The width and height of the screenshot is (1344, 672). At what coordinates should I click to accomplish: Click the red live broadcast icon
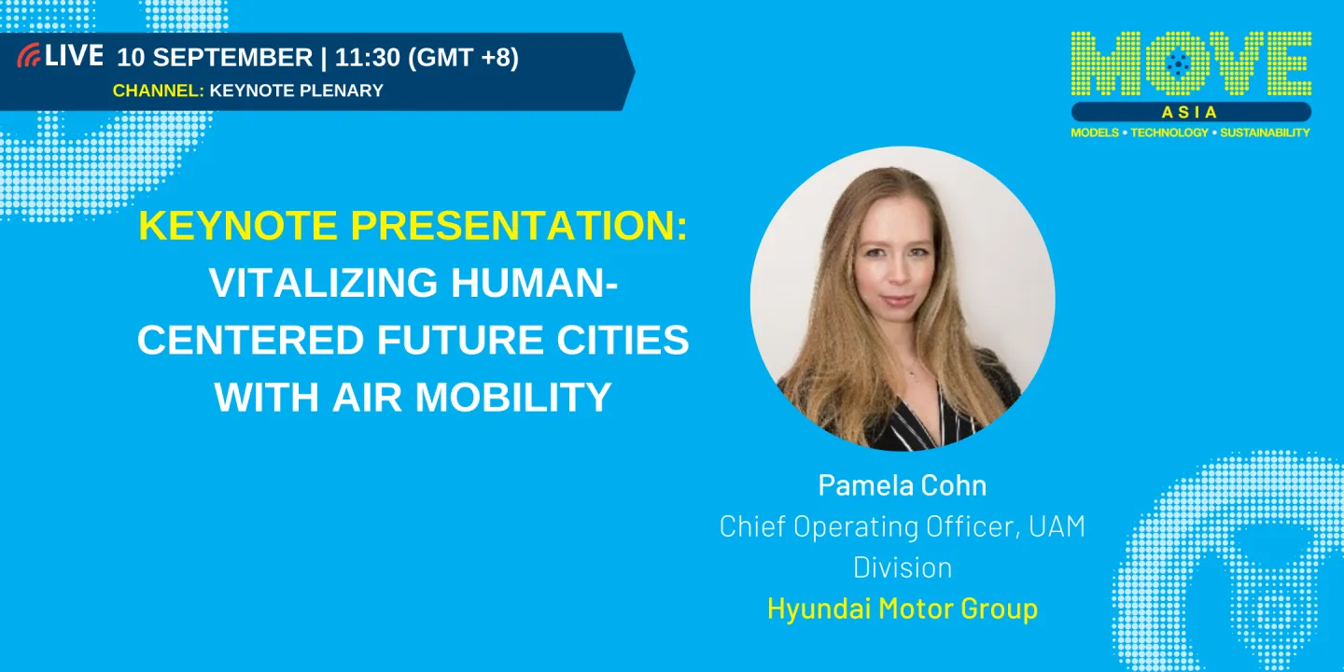click(x=29, y=55)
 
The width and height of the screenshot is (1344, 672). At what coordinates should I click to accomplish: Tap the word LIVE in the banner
click(x=74, y=56)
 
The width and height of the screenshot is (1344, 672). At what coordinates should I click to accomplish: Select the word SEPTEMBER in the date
click(x=232, y=58)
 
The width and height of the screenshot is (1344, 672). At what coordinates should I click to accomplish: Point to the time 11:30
click(x=367, y=58)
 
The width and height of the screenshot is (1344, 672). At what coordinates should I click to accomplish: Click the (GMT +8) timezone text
click(x=463, y=58)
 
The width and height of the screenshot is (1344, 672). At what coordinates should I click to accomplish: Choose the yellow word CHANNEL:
click(x=159, y=91)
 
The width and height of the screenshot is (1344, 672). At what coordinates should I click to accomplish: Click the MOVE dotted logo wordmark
click(x=1191, y=63)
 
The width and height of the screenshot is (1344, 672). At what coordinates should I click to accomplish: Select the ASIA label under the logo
click(x=1190, y=112)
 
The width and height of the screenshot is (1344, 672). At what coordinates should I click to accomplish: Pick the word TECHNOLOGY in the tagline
click(x=1169, y=133)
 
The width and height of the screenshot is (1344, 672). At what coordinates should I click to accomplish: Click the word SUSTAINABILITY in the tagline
click(x=1265, y=133)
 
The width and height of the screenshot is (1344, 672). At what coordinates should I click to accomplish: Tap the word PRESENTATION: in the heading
click(x=519, y=226)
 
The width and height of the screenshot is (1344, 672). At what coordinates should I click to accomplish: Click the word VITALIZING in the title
click(x=323, y=283)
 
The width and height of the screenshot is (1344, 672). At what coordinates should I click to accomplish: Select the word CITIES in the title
click(x=623, y=340)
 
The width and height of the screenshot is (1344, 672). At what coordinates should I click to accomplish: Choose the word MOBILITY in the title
click(x=513, y=398)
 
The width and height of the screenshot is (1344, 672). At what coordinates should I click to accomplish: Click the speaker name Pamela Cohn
click(x=903, y=484)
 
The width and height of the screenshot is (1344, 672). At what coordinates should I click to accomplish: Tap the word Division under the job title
click(x=903, y=567)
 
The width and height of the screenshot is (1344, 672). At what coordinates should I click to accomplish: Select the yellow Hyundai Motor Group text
click(x=903, y=609)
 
